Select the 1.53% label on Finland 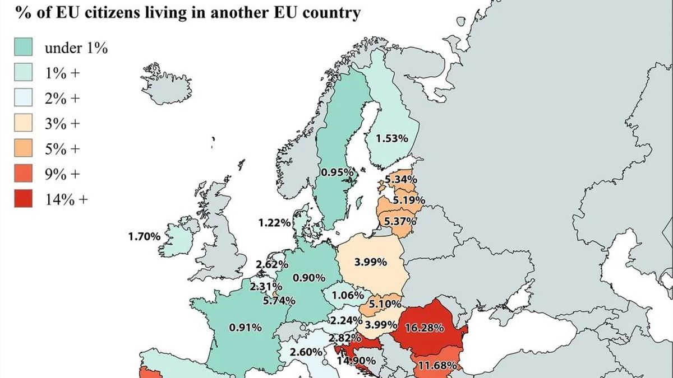tap(392, 138)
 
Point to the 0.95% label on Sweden tap(336, 173)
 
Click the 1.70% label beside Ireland tap(144, 236)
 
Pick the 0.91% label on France tap(245, 327)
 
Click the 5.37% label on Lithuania tap(400, 221)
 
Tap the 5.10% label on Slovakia tap(385, 304)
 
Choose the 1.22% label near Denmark tap(274, 222)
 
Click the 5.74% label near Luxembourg tap(279, 301)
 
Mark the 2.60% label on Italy tap(306, 352)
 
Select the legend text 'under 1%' tap(76, 48)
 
